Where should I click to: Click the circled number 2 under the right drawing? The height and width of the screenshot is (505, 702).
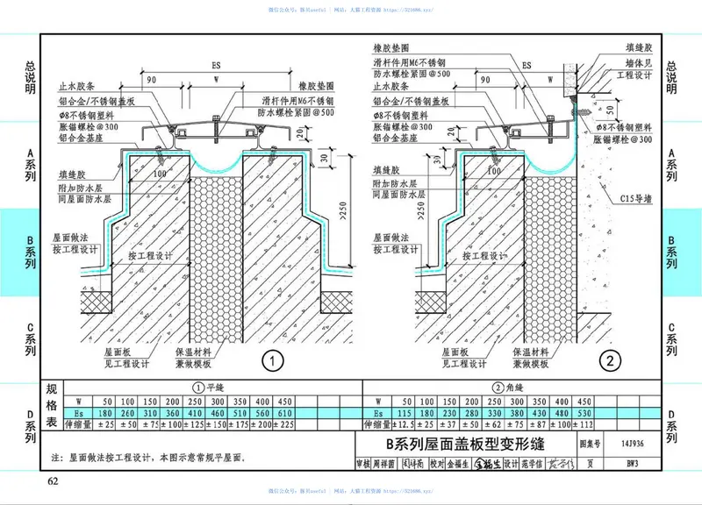(606, 359)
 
